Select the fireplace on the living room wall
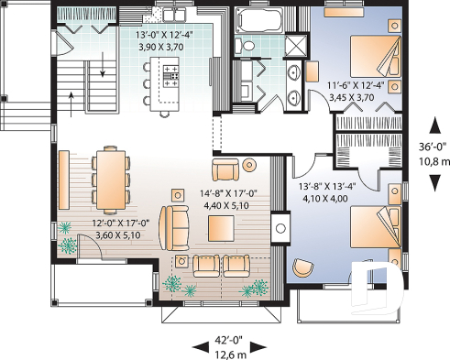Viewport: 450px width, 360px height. coord(281,225)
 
